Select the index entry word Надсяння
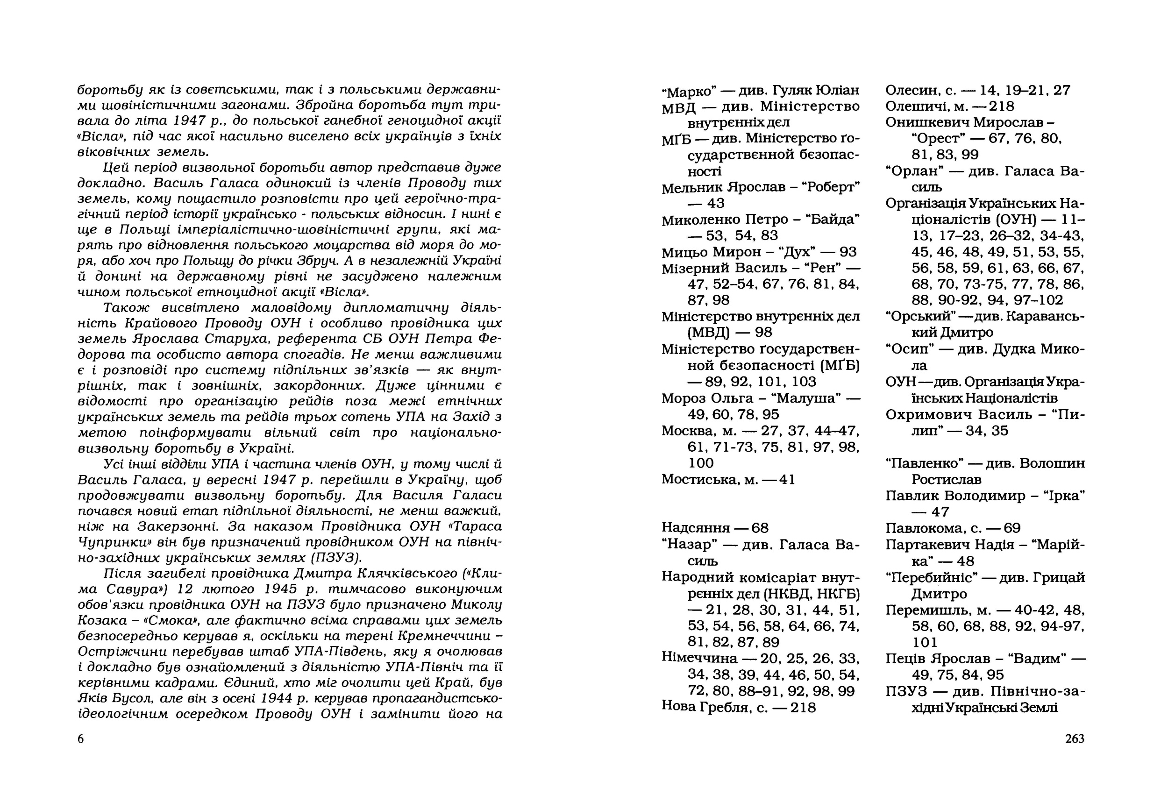point(696,528)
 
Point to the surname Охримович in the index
point(927,415)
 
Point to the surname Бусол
point(127,698)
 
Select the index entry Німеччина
point(699,658)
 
